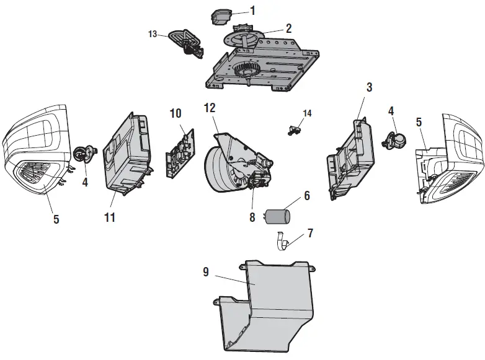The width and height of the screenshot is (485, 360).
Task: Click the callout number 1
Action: coord(252,11)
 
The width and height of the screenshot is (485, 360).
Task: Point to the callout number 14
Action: coord(308,113)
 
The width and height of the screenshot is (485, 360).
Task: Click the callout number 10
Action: coord(176,113)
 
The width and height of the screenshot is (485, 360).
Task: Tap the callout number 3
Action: coord(369,87)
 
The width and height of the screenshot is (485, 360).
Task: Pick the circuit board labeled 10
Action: coord(179,152)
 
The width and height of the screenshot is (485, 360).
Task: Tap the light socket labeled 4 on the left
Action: coord(85,152)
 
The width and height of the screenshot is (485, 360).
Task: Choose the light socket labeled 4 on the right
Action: coord(395,141)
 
